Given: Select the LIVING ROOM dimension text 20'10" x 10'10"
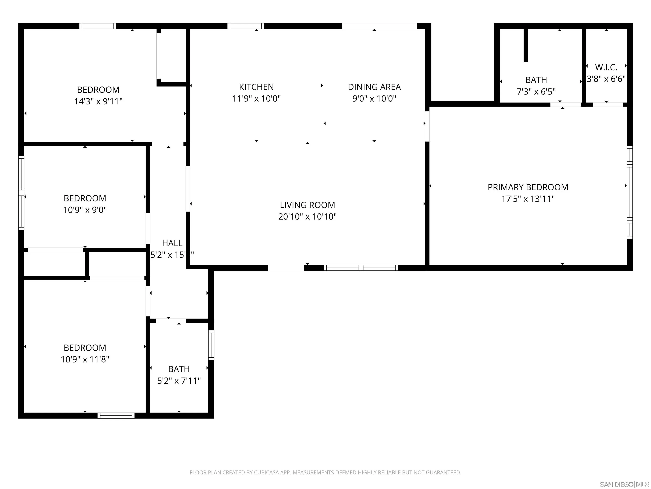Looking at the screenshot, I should pyautogui.click(x=307, y=217).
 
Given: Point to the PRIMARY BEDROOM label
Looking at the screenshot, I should pyautogui.click(x=528, y=187).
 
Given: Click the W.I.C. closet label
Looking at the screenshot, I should pyautogui.click(x=606, y=67).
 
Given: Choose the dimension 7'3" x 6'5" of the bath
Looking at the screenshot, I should pyautogui.click(x=536, y=92).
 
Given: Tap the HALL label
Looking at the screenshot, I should pyautogui.click(x=172, y=243).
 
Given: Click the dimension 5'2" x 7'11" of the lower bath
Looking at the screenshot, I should pyautogui.click(x=179, y=381).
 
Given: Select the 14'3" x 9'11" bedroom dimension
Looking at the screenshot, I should pyautogui.click(x=98, y=101).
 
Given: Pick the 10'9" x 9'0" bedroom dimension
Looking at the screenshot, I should pyautogui.click(x=85, y=210).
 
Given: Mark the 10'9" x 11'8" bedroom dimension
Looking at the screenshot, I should pyautogui.click(x=85, y=359).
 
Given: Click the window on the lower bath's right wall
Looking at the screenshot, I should pyautogui.click(x=211, y=345).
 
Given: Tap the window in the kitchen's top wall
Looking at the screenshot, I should pyautogui.click(x=245, y=26).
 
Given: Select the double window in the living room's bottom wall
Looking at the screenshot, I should pyautogui.click(x=361, y=268).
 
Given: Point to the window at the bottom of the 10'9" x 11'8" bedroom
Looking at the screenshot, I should pyautogui.click(x=116, y=415).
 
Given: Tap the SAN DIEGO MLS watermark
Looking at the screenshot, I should pyautogui.click(x=624, y=484).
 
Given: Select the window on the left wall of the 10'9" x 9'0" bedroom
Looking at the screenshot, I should pyautogui.click(x=21, y=193).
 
